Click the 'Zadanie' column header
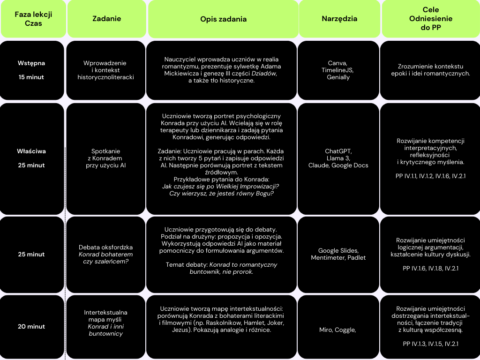106,19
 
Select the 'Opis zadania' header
223,19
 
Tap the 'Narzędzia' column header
339,19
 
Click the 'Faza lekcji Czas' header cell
33,19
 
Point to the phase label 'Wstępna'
31,63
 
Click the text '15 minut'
31,77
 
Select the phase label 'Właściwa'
31,151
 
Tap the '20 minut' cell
31,326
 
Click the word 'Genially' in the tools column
338,77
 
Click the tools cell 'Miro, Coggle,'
337,330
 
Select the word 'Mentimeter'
328,257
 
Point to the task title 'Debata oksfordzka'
105,247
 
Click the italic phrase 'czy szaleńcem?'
105,262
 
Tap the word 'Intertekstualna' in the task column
105,313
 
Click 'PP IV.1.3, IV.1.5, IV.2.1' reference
430,344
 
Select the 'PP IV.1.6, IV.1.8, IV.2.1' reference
430,269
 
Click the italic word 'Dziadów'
264,74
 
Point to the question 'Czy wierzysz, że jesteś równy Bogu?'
221,194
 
